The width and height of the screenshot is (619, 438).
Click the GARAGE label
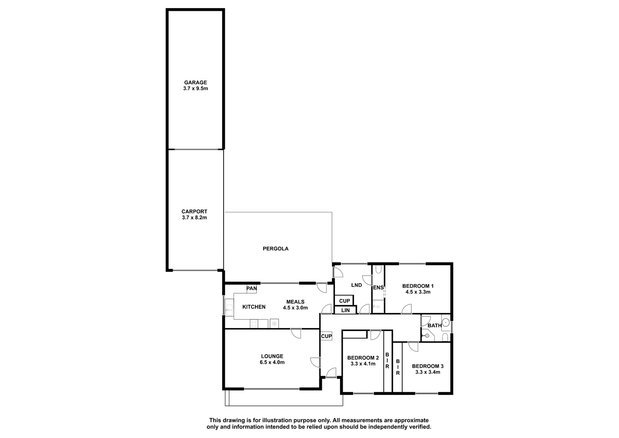tap(195, 82)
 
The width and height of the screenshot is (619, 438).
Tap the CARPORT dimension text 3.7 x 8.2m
tap(194, 218)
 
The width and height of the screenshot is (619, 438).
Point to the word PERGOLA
tap(275, 249)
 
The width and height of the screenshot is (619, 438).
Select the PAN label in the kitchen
tap(251, 288)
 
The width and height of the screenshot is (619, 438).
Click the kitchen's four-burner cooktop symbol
tap(254, 324)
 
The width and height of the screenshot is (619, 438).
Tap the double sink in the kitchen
tap(229, 307)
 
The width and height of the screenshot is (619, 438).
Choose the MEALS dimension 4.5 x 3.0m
tap(295, 307)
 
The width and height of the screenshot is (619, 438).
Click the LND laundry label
tap(356, 285)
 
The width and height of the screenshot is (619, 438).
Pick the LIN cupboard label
tap(345, 310)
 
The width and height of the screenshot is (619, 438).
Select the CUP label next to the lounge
tap(327, 336)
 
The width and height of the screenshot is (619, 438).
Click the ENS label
tap(378, 288)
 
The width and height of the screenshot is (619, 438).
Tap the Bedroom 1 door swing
tap(406, 309)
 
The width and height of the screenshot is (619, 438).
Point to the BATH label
tap(435, 326)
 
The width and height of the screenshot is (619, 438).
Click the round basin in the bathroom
tap(445, 322)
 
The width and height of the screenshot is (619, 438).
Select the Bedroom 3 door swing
tap(413, 347)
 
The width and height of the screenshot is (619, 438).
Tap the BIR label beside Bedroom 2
tap(387, 361)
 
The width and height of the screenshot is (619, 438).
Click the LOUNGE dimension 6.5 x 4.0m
tap(272, 362)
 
